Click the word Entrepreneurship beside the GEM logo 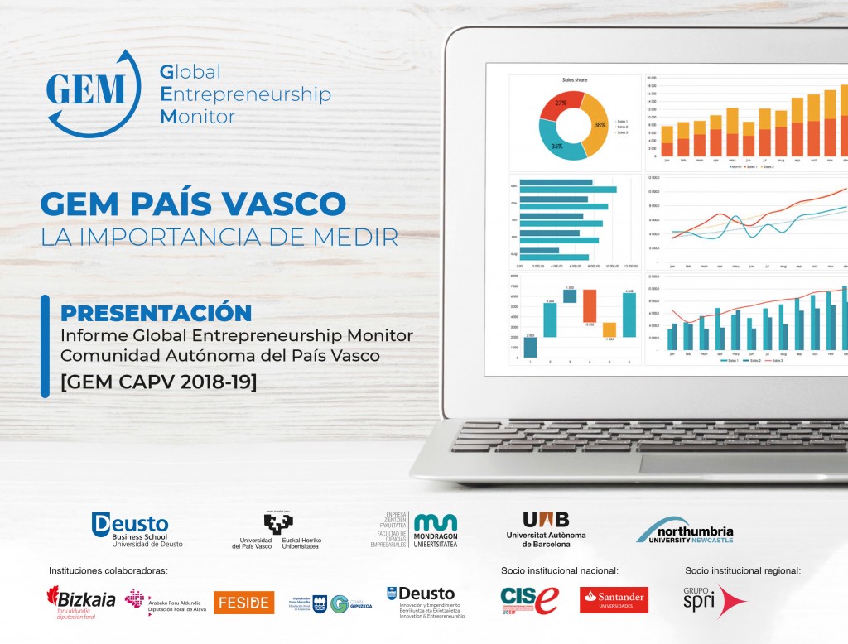tap(245, 94)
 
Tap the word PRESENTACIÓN tap(157, 313)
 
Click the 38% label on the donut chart tap(599, 125)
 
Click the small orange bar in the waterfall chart tap(609, 329)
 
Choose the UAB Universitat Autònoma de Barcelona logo tap(546, 527)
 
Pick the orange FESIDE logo tap(243, 602)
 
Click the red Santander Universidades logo tap(614, 600)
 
